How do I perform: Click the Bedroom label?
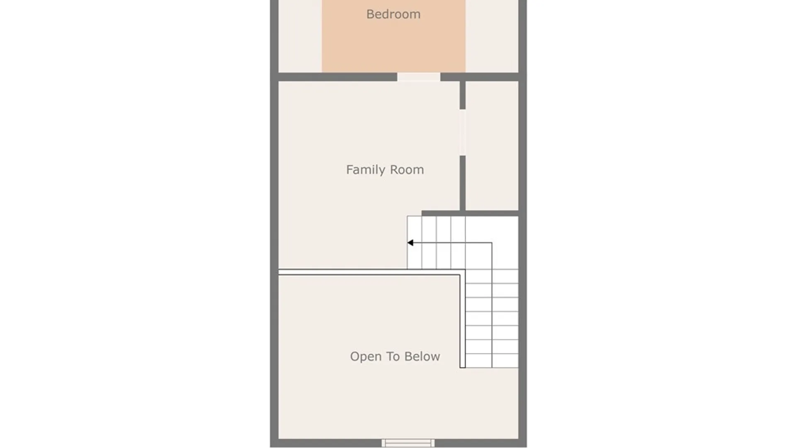393,14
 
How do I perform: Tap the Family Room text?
385,170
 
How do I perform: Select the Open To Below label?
395,356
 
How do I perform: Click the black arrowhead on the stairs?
410,243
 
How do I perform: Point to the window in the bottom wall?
408,443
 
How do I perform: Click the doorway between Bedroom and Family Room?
419,77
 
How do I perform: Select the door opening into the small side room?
462,133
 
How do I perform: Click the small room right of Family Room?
492,146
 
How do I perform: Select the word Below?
422,356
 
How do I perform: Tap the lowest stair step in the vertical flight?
492,361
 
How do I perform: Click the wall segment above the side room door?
462,95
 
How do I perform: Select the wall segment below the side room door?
462,183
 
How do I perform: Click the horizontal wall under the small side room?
470,213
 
